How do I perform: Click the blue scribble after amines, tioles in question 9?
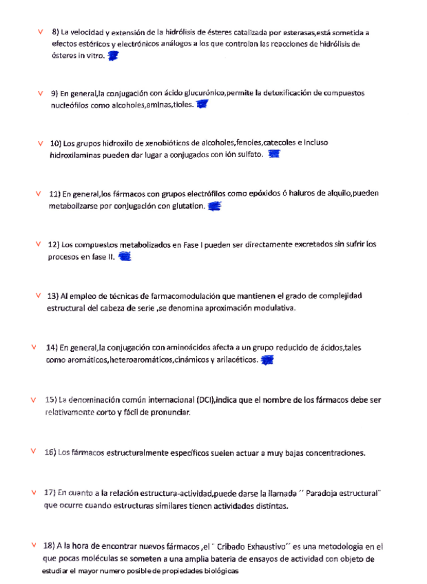pos(202,105)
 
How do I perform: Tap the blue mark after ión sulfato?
pos(274,155)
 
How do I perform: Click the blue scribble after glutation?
pos(214,205)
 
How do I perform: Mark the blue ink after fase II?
pos(125,257)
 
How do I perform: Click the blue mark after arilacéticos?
pos(268,360)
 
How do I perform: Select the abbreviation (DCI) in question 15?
pos(205,399)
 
